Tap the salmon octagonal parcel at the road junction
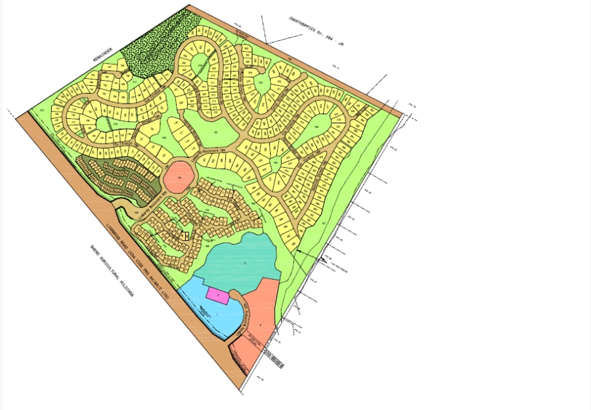tap(178, 177)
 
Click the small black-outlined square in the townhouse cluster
tap(185, 235)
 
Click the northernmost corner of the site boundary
tap(188, 6)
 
